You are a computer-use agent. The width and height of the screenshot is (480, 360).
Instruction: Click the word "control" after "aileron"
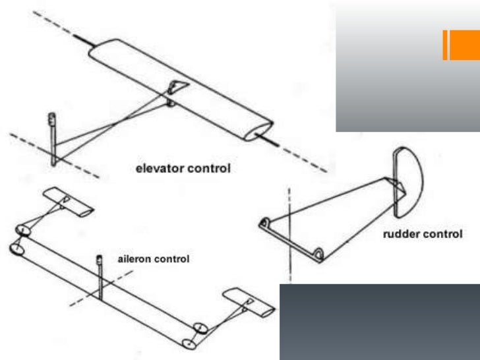pos(171,259)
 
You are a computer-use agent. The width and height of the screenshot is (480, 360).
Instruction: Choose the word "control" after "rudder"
pos(440,234)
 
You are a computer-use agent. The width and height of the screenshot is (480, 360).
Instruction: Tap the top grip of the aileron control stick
pos(100,258)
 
